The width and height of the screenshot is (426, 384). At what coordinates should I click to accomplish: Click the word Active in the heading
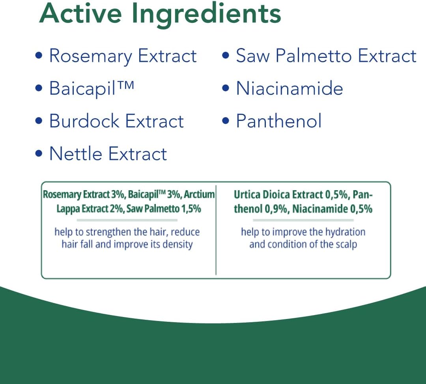(81, 13)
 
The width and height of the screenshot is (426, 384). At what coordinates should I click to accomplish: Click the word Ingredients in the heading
(206, 15)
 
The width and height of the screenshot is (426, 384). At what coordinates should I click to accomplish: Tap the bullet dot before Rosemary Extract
(39, 55)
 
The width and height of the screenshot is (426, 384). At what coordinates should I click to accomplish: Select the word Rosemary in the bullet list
(90, 56)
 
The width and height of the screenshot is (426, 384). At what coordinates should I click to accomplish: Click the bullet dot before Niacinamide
(226, 88)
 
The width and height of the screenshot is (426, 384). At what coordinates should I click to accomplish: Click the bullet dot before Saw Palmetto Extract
(226, 55)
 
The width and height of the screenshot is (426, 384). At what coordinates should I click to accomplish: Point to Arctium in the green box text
(199, 195)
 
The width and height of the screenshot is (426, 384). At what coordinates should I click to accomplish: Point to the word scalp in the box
(346, 244)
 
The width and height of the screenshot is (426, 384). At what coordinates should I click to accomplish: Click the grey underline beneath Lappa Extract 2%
(127, 220)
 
